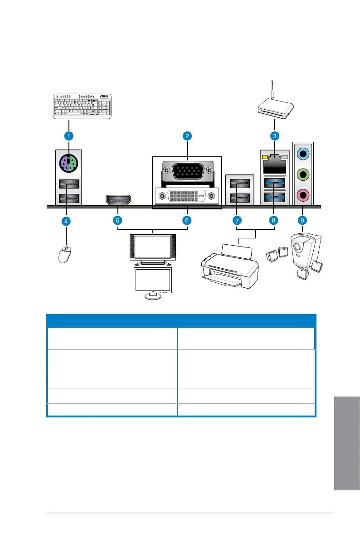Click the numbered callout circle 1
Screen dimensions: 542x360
point(68,135)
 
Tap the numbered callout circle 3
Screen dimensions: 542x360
point(274,135)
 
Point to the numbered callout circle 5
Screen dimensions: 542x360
point(117,221)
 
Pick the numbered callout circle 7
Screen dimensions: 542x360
point(237,221)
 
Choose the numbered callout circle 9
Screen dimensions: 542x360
point(302,221)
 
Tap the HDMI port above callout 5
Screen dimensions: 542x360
point(117,199)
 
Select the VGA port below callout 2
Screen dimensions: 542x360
point(187,172)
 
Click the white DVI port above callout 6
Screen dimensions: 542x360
point(187,196)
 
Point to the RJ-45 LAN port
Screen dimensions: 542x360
point(274,161)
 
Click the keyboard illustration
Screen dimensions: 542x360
point(82,106)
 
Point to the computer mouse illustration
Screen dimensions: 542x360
point(65,254)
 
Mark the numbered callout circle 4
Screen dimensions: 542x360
point(66,221)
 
